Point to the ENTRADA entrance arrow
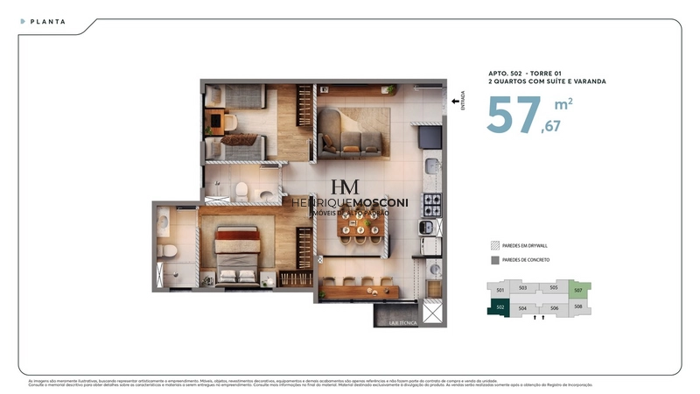pos(454,102)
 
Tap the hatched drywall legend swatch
pos(495,246)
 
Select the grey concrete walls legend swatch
pos(495,261)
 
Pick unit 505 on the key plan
pos(554,287)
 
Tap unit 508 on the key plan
pos(577,306)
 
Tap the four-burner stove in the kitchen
pos(431,204)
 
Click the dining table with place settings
pos(361,229)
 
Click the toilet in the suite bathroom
pos(171,253)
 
